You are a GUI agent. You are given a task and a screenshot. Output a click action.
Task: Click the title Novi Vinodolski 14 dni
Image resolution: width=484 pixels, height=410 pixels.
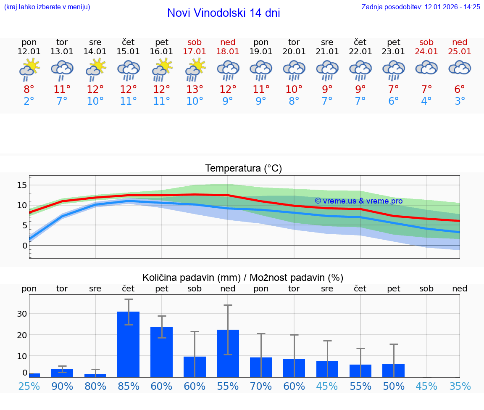[224, 13]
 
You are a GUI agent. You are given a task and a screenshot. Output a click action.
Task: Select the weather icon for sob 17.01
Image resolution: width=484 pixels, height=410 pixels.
[195, 69]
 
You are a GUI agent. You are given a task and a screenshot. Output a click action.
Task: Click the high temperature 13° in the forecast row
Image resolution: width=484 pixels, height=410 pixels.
[195, 90]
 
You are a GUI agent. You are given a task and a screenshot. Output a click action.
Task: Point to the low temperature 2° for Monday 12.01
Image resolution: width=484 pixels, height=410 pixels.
[29, 101]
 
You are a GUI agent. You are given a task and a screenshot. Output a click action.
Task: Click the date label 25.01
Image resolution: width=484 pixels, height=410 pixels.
[460, 51]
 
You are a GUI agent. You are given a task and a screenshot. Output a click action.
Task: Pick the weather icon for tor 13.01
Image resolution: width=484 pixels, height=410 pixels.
[62, 69]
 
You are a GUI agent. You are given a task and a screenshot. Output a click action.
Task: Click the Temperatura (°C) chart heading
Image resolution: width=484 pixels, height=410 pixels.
[243, 168]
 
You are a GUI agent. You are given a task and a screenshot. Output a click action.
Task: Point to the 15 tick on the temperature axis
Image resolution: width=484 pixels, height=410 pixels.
[22, 185]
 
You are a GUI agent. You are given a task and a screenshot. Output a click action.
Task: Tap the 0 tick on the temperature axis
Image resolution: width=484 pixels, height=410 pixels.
[25, 245]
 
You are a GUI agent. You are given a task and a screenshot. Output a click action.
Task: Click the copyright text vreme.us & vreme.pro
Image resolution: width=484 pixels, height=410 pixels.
[358, 201]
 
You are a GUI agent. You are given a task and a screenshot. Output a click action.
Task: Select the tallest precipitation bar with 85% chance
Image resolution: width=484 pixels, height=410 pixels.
[128, 344]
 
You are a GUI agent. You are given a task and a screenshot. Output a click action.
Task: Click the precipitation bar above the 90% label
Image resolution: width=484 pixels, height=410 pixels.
[62, 373]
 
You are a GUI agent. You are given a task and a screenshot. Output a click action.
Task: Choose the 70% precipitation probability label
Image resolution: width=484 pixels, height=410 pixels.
[261, 386]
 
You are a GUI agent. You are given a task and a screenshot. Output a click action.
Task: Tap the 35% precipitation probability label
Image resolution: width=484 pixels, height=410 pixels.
[460, 386]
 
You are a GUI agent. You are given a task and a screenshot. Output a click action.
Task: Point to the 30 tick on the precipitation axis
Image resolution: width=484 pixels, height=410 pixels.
[22, 314]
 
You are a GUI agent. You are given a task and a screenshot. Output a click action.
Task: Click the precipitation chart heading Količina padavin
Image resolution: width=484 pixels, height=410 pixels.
[243, 278]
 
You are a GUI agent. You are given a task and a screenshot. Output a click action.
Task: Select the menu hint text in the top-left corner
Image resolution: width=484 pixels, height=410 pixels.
[47, 7]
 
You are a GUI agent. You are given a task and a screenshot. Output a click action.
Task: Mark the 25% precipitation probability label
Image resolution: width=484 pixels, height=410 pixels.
[29, 386]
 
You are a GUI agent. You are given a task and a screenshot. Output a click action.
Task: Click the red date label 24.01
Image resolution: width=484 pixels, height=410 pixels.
[426, 51]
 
